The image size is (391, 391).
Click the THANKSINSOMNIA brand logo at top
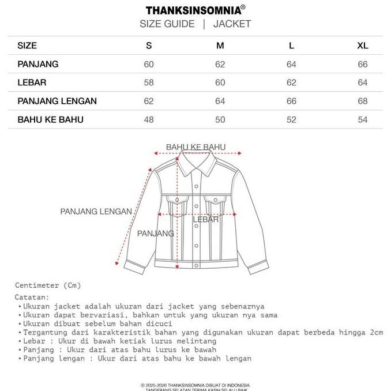point(195,10)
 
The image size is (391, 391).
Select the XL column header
point(362,46)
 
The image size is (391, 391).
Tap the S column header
point(149,46)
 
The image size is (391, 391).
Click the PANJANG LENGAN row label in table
point(57,101)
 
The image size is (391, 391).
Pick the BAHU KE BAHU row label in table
point(51,119)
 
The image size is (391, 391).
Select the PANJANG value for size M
point(220,64)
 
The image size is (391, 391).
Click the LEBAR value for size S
point(149,82)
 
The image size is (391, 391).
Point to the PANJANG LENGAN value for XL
point(362,101)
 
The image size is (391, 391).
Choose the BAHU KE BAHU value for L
point(291,119)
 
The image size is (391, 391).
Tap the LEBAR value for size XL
point(362,82)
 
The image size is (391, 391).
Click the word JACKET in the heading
point(232,24)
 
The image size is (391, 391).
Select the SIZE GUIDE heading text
point(167,24)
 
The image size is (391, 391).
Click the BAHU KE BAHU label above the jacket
point(195,147)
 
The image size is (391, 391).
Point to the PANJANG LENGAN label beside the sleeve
point(96,212)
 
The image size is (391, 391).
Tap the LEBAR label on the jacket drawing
point(205,220)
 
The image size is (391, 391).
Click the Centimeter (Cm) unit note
point(48,285)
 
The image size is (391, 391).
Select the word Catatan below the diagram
point(32,296)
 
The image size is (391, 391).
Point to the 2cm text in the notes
point(377,332)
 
